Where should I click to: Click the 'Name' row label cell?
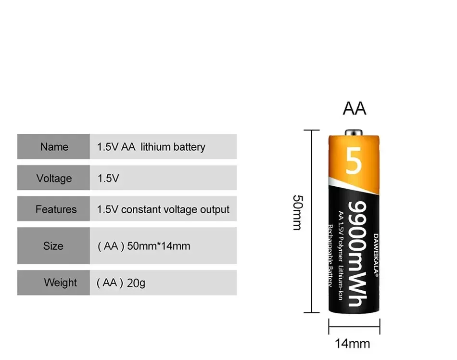click(x=54, y=147)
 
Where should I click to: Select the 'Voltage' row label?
click(x=54, y=178)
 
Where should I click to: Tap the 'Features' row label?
click(x=56, y=209)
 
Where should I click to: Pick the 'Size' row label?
click(x=53, y=246)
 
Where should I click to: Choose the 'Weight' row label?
click(x=60, y=283)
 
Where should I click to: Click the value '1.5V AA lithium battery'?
click(x=151, y=147)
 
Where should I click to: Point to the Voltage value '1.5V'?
click(x=108, y=179)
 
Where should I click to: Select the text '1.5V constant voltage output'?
click(x=163, y=209)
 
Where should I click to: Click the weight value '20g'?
click(x=136, y=283)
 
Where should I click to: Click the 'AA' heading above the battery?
click(x=355, y=108)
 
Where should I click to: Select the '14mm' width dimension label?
click(x=353, y=343)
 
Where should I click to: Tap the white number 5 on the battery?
click(x=354, y=162)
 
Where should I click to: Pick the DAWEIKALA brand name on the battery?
click(x=376, y=256)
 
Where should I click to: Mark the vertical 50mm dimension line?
click(x=312, y=221)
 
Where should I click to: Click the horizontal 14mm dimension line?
click(x=355, y=328)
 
